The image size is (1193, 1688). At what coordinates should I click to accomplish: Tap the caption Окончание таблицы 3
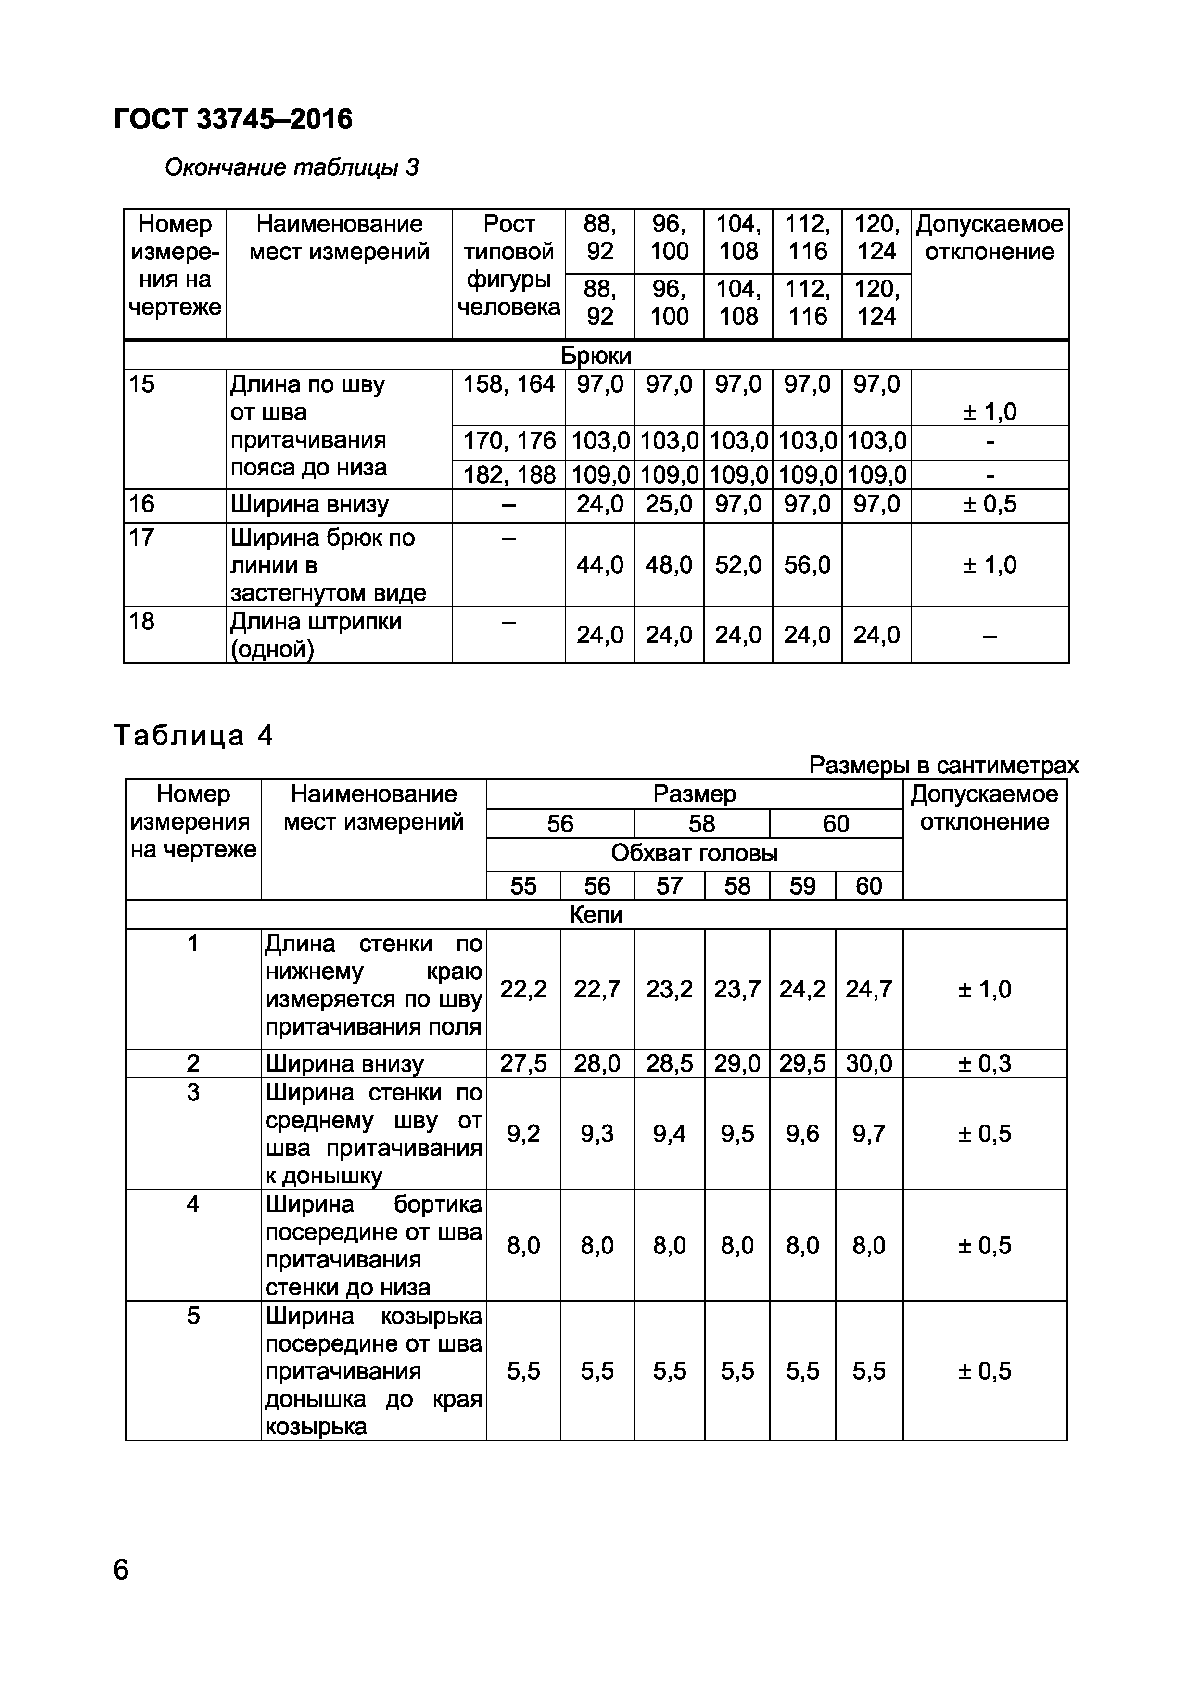[291, 167]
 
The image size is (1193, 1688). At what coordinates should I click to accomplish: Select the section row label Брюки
[596, 356]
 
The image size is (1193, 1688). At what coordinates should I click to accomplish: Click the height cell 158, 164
[508, 384]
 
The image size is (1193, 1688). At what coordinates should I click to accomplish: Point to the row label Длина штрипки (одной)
[316, 635]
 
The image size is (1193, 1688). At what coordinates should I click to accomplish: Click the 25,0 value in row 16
[669, 504]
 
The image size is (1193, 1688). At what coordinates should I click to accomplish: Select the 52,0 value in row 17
[738, 564]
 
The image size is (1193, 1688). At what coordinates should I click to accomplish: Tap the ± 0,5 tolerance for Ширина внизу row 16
[990, 504]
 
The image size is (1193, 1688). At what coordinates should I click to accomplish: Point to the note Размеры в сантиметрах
[943, 766]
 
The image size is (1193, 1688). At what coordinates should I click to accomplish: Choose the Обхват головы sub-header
[694, 854]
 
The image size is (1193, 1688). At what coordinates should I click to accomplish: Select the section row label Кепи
[596, 915]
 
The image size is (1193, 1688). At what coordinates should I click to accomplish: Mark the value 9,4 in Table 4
[669, 1134]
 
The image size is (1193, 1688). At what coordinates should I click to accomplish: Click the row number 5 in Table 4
[192, 1315]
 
